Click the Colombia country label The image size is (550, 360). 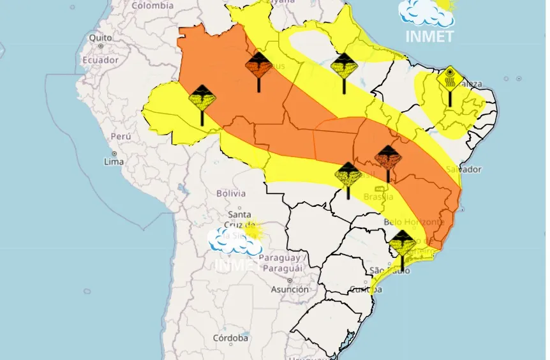click(152, 5)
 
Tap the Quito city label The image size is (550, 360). click(100, 38)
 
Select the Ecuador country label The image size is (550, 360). click(100, 60)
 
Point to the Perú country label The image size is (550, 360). click(121, 136)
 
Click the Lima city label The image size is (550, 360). click(114, 162)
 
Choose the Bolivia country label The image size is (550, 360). click(231, 193)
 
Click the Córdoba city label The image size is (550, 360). click(231, 337)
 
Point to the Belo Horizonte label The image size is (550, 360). click(413, 222)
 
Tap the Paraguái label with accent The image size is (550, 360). click(281, 269)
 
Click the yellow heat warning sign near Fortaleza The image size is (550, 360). click(450, 80)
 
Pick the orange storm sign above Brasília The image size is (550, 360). click(387, 156)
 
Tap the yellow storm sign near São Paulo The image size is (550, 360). click(402, 243)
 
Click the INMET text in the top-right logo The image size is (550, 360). click(429, 36)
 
